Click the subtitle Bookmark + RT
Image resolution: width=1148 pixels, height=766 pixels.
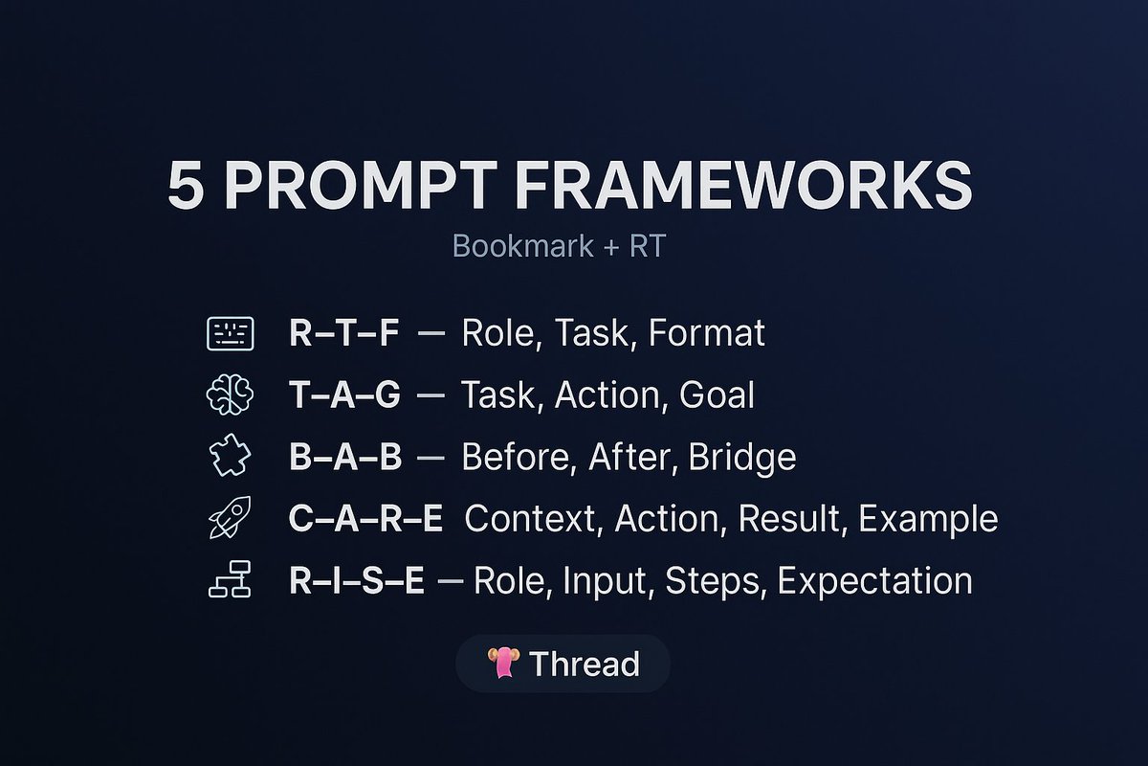tap(559, 246)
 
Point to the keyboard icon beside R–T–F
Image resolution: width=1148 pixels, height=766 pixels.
tap(230, 333)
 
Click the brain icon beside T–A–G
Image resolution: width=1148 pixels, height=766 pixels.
tap(230, 394)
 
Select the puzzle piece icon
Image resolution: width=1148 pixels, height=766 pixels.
tap(230, 457)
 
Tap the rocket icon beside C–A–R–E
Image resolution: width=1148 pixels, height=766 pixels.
tap(230, 518)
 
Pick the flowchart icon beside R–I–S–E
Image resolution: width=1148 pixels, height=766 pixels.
tap(230, 580)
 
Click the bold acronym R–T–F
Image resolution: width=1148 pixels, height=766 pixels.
tap(345, 333)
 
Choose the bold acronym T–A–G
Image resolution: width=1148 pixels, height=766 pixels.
tap(344, 395)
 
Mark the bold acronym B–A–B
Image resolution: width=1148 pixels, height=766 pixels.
tap(345, 458)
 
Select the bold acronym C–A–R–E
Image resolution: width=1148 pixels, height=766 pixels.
tap(365, 519)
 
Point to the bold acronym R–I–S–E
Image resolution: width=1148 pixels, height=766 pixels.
tap(357, 581)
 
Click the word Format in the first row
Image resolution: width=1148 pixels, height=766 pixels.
tap(706, 333)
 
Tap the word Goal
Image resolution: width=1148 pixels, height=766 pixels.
tap(717, 395)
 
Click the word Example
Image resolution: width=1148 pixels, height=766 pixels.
tap(928, 519)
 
